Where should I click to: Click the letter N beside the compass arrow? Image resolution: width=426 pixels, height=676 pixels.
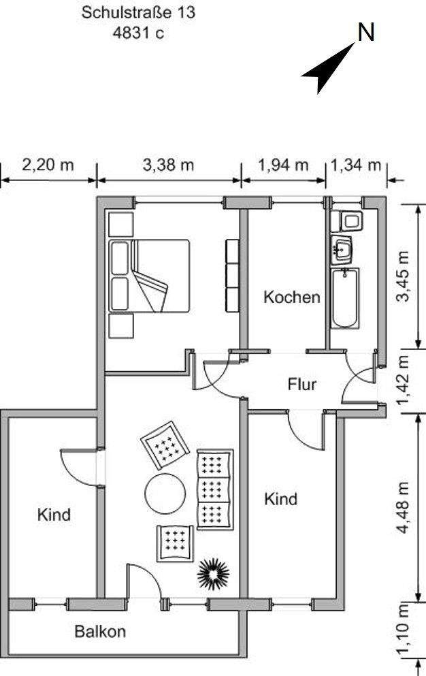(366, 32)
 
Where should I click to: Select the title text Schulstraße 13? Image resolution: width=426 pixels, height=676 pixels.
(138, 12)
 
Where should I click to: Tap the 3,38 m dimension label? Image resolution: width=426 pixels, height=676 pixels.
(168, 165)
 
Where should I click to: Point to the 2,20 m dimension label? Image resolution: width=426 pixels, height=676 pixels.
(48, 165)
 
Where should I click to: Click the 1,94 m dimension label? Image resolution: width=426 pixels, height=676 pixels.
(283, 165)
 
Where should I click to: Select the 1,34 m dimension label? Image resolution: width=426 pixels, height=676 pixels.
(356, 165)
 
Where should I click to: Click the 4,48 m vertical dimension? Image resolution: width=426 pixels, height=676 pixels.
(406, 508)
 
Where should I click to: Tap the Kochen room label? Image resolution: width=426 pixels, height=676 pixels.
(291, 297)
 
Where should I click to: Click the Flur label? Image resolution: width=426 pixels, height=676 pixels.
(301, 385)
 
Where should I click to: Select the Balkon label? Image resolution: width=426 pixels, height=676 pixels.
(100, 631)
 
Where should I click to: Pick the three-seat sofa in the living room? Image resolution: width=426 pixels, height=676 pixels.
(214, 488)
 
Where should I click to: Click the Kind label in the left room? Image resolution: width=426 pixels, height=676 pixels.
(54, 515)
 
